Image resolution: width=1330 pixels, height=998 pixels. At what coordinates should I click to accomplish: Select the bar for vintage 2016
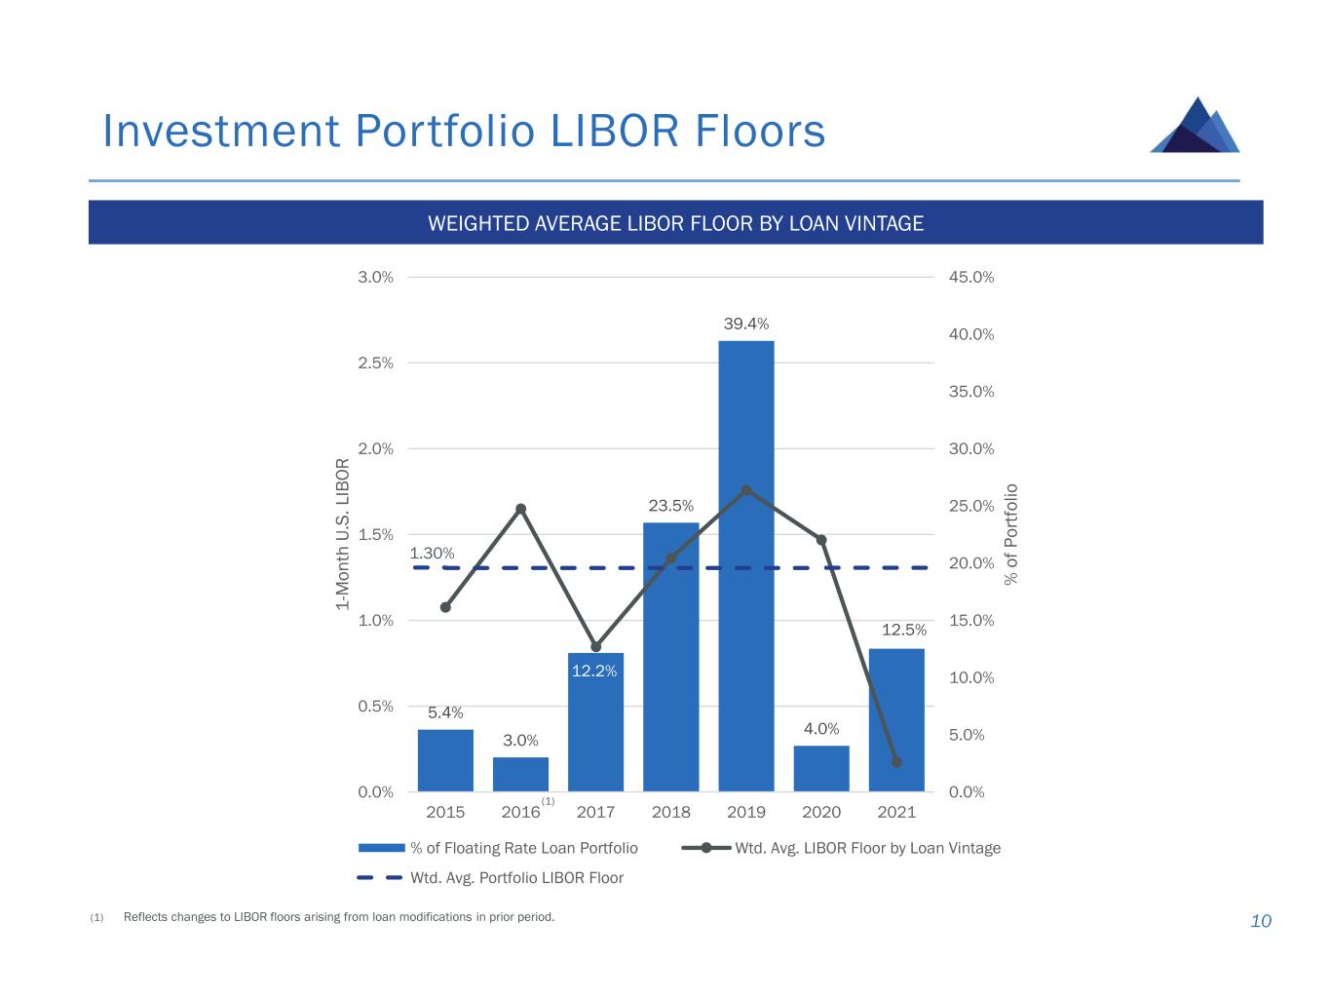point(520,774)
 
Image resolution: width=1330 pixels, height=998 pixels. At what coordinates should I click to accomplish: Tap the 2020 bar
point(821,768)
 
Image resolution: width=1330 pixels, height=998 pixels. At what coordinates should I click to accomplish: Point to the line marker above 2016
point(520,509)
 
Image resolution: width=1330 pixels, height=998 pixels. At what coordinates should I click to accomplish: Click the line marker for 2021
point(896,762)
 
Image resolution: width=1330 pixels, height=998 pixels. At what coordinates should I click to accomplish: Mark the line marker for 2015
point(445,607)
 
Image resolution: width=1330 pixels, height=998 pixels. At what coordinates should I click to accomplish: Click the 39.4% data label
point(745,323)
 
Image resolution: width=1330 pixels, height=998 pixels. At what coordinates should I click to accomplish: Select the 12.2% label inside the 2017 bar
point(594,671)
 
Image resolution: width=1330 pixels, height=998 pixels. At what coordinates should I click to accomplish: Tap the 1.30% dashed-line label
point(432,554)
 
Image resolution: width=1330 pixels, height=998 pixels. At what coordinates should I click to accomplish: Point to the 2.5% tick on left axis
point(375,363)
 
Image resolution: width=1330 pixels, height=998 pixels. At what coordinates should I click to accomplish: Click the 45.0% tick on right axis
point(971,277)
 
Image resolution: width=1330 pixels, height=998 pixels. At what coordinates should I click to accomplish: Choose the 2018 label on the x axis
point(670,811)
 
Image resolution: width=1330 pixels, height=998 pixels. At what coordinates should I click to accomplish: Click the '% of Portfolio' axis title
point(1011,534)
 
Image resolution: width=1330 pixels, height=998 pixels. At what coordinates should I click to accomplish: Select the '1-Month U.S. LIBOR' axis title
point(342,534)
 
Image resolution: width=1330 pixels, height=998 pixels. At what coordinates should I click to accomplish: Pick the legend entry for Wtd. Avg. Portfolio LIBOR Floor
point(515,877)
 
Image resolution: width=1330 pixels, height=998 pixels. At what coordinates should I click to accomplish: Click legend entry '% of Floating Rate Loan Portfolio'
point(523,848)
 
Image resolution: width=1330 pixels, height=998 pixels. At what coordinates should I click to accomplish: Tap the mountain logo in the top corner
point(1195,126)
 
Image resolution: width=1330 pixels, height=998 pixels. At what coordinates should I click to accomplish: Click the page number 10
point(1261,921)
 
